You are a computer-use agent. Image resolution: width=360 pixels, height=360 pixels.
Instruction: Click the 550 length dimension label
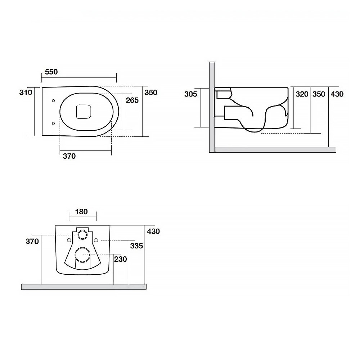[51, 72]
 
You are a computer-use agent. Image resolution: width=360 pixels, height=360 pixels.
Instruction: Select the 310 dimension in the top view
[26, 93]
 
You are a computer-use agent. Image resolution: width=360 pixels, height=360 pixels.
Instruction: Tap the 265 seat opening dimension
[132, 100]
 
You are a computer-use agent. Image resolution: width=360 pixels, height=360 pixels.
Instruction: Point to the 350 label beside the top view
[151, 93]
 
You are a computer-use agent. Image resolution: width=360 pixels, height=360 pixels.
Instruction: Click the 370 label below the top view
[69, 156]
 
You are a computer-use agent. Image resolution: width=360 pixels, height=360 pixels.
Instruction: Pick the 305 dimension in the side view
[190, 94]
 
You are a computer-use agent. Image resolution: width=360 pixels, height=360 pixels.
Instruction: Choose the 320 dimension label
[302, 94]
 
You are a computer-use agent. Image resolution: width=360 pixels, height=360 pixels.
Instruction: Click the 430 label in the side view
[337, 94]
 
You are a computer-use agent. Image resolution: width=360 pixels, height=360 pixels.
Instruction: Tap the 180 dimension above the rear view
[81, 211]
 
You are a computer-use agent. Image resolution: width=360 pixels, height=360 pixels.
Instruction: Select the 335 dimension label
[136, 246]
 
